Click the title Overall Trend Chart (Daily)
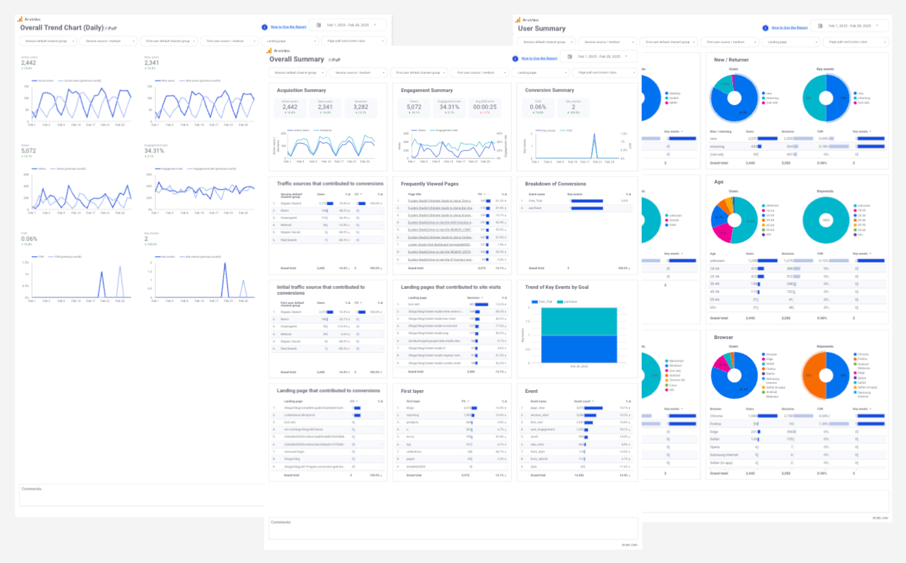62,28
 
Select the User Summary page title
541,29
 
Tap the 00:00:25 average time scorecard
484,107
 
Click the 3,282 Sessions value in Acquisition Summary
361,107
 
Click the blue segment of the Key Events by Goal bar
579,348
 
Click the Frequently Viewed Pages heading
429,184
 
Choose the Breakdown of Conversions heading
555,184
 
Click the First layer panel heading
412,391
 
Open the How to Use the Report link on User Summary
789,28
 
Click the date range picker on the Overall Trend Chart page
348,25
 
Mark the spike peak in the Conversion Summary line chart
594,135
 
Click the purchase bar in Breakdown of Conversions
587,208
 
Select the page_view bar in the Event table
593,408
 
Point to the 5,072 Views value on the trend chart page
29,151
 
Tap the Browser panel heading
723,337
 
